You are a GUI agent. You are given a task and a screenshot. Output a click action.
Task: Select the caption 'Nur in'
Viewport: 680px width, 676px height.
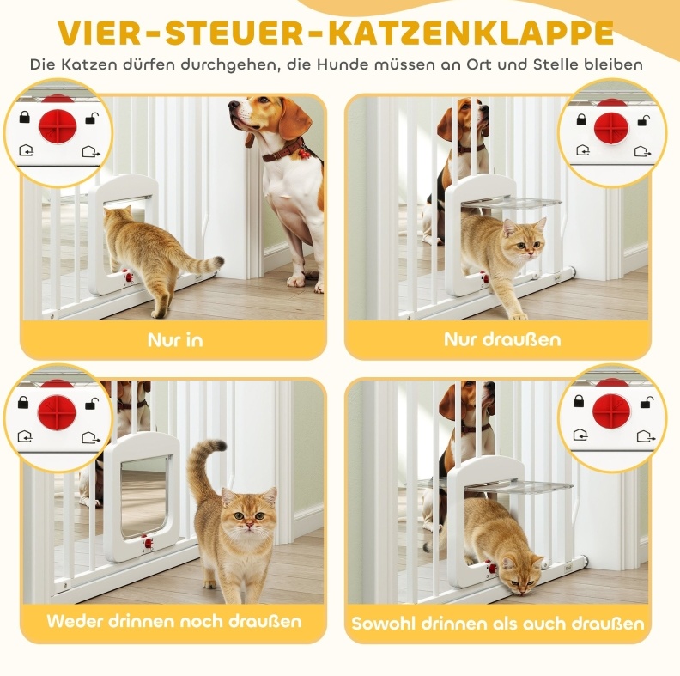point(175,340)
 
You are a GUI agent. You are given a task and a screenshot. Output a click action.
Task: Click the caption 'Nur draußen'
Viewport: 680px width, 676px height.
point(502,339)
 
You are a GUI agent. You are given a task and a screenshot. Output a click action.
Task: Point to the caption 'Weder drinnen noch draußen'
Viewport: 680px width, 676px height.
point(174,621)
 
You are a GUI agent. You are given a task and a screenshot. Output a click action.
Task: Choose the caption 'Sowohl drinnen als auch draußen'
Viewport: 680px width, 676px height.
point(498,624)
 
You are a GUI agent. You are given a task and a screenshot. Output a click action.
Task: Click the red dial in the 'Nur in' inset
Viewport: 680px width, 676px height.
point(58,125)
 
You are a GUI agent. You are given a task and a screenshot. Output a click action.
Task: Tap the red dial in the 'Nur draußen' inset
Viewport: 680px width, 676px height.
point(611,130)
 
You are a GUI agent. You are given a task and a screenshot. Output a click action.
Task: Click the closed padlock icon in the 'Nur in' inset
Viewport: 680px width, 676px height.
point(25,117)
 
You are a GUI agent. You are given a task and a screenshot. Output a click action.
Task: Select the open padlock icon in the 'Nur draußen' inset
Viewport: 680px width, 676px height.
point(644,120)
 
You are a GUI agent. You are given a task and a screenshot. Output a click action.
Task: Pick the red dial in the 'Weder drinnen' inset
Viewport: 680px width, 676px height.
point(57,412)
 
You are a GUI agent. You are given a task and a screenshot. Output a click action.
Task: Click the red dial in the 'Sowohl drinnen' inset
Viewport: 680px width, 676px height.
point(610,411)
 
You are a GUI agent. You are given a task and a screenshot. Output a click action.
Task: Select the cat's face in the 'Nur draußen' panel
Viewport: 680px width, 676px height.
point(525,241)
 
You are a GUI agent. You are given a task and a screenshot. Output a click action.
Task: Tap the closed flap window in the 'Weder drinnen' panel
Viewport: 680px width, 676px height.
point(144,496)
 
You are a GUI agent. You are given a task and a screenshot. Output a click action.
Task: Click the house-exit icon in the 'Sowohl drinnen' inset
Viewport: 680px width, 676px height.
point(646,435)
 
